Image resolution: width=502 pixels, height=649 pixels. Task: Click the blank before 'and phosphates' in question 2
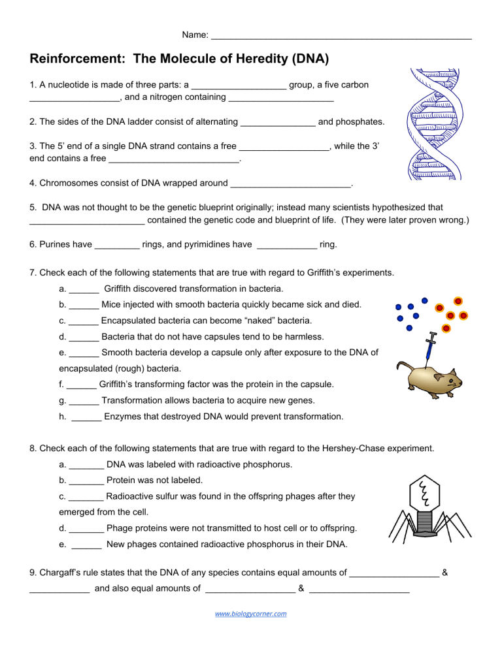(278, 122)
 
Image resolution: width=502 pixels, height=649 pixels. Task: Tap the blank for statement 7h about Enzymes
(86, 417)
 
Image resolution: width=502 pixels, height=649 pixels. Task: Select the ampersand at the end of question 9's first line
(444, 573)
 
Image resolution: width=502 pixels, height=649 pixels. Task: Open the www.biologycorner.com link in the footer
(251, 614)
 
